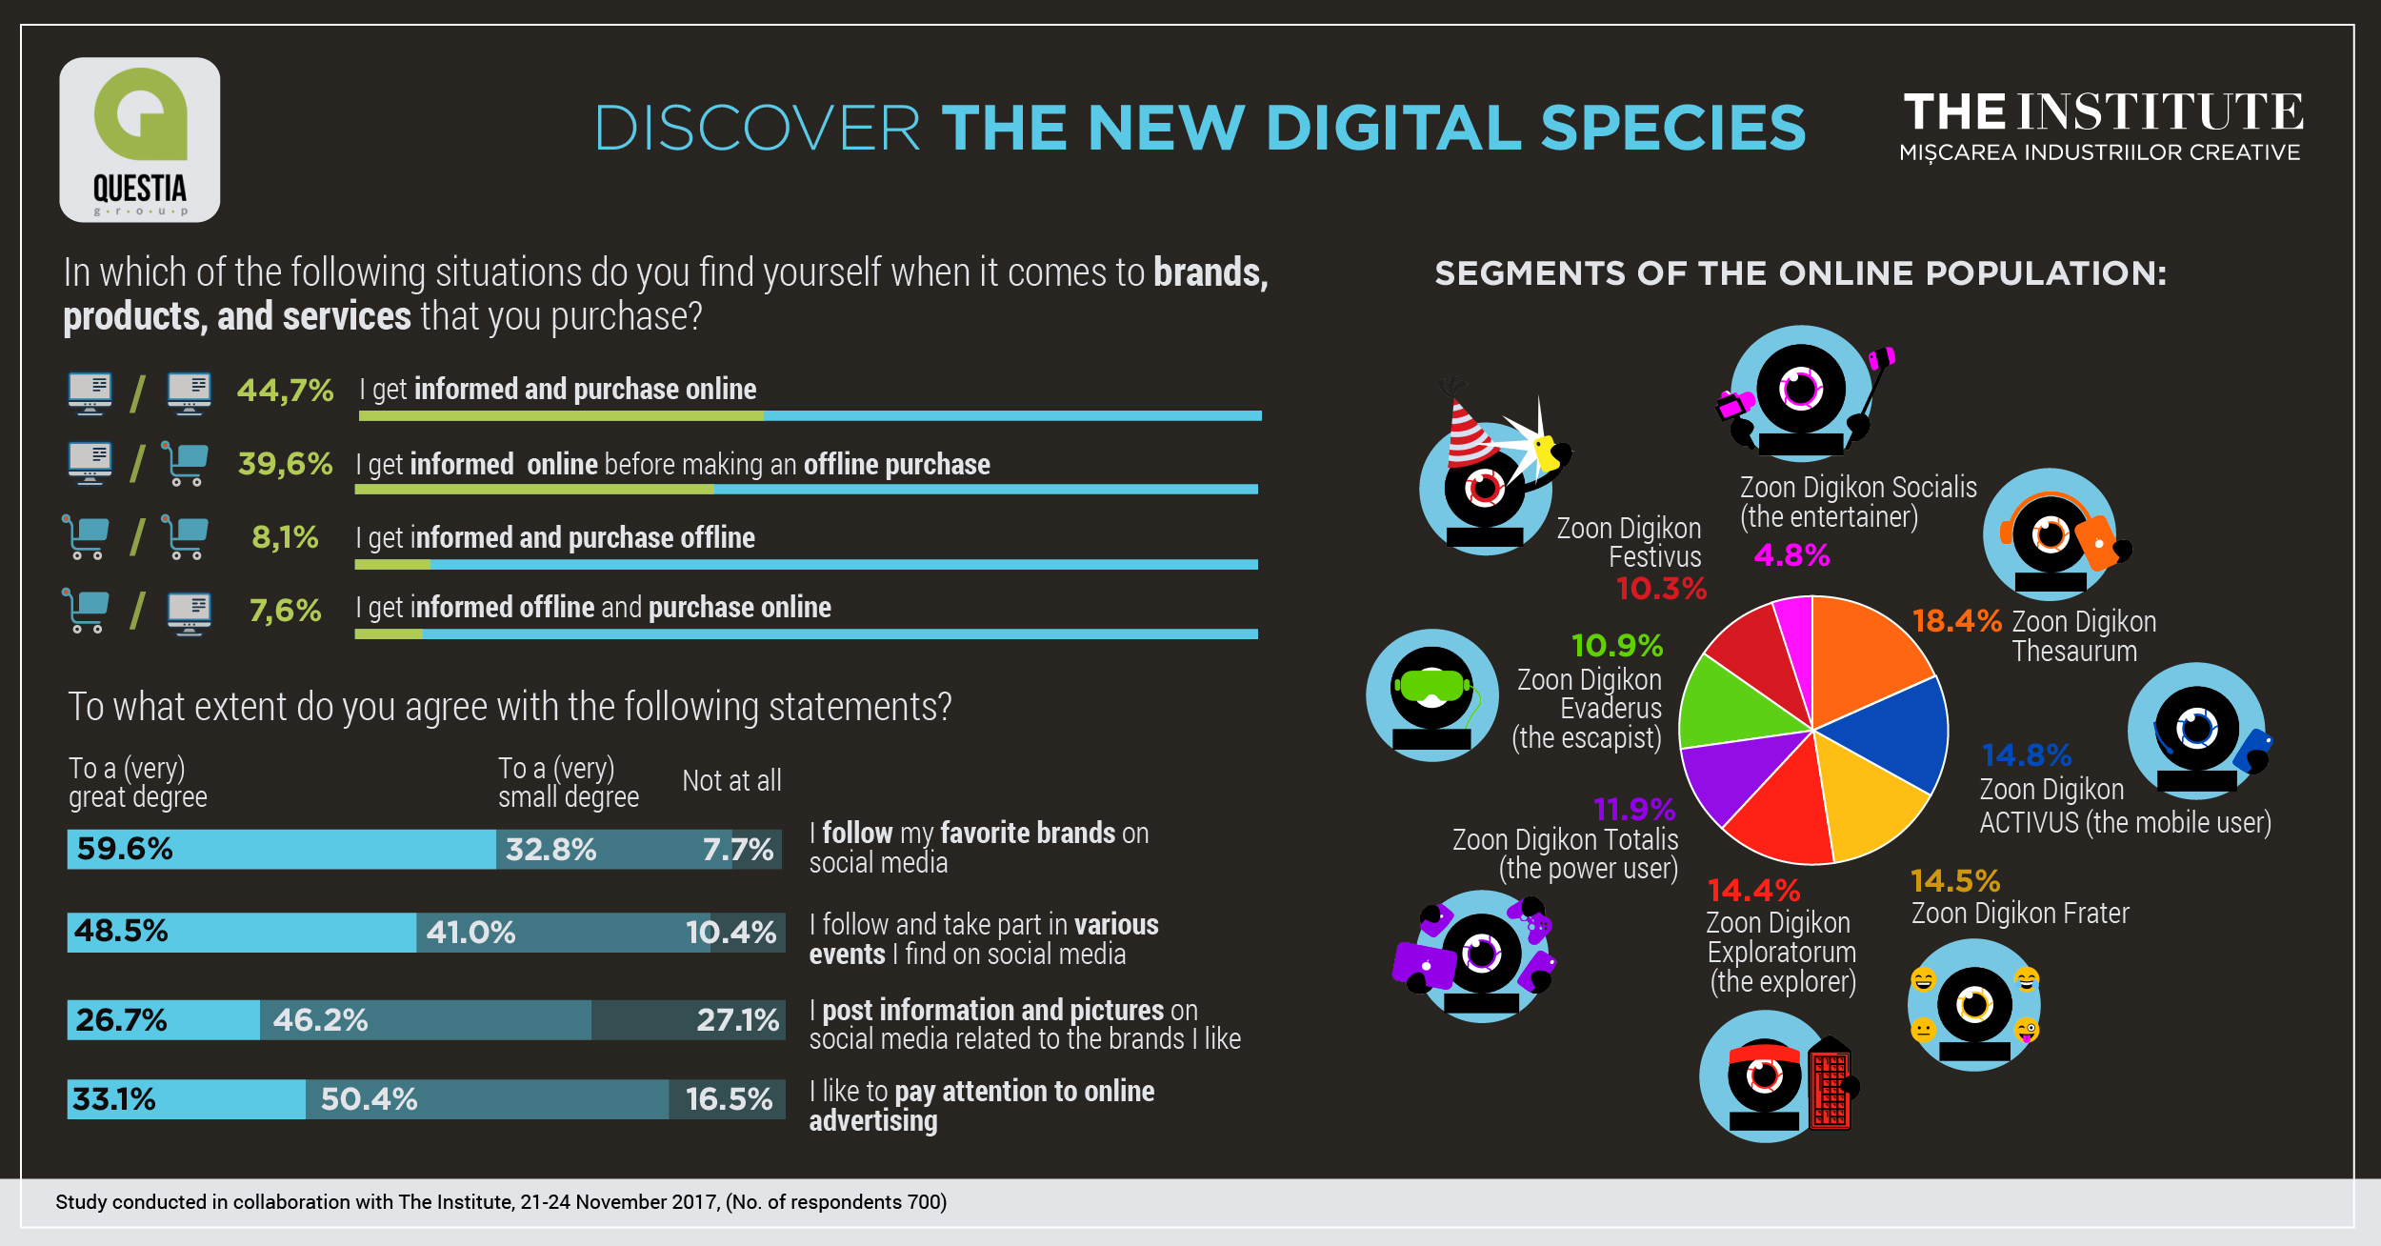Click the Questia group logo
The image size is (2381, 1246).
(140, 140)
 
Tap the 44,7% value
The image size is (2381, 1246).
(285, 391)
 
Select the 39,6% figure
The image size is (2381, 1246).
(285, 464)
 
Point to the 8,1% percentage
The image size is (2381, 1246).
(285, 537)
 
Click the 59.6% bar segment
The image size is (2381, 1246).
(281, 849)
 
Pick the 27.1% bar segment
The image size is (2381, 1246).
(688, 1020)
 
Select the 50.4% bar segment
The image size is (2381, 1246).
(486, 1099)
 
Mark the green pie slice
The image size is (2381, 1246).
(1729, 705)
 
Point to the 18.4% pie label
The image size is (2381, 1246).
(1956, 621)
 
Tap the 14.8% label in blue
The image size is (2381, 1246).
(2026, 755)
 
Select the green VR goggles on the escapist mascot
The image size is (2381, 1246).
(1431, 685)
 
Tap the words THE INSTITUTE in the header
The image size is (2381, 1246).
(2103, 112)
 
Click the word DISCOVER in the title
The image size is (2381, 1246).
(757, 129)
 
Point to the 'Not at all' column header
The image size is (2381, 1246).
(731, 781)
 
